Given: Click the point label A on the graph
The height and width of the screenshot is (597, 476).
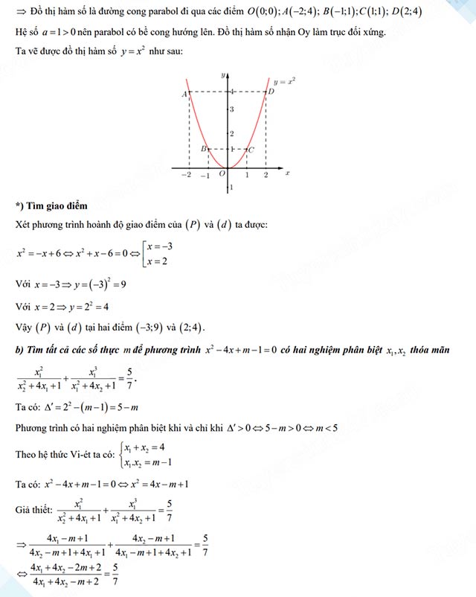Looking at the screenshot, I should pos(183,94).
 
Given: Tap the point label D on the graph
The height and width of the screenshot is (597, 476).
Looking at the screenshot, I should pos(271,91).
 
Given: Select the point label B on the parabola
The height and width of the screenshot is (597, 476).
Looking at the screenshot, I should pos(203,149).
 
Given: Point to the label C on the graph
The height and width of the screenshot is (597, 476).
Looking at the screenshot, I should pos(251,150).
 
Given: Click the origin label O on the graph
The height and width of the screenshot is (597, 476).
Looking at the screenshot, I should pos(222,173).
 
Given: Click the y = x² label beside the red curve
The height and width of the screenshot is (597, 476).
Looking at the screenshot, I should pos(285,80).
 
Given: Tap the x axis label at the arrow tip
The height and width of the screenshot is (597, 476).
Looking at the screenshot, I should pos(287,173).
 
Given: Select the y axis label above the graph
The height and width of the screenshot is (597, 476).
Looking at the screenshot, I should pos(223,75).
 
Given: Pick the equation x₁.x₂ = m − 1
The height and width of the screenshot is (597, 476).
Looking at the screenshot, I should pos(152,462).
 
